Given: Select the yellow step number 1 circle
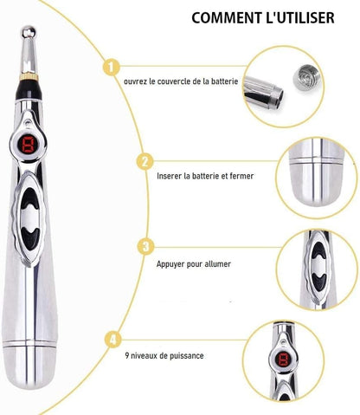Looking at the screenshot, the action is click(x=111, y=67).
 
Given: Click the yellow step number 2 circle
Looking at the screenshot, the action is click(x=145, y=161).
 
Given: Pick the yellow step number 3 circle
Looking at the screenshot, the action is click(x=146, y=246).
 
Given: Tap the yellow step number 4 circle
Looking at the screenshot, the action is click(x=113, y=339).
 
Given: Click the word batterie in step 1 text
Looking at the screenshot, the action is click(x=224, y=81).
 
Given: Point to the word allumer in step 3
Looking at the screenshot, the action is click(x=218, y=264).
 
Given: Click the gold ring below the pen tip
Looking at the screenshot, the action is click(x=29, y=76).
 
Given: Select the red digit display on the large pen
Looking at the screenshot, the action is click(x=28, y=144).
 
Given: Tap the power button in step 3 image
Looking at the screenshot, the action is click(x=318, y=266).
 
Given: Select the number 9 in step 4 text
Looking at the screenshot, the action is click(x=127, y=355).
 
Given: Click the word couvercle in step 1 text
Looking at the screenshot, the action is click(x=175, y=81).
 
